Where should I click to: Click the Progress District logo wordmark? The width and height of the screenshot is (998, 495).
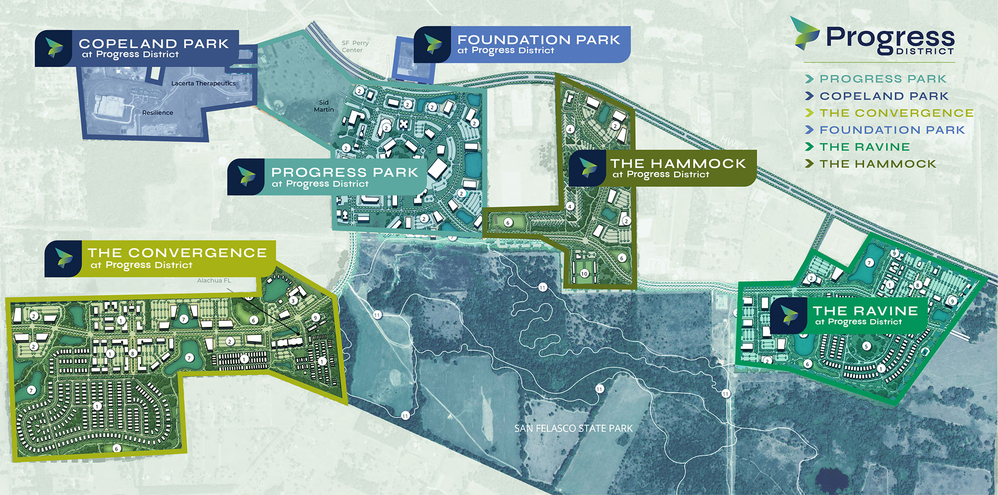(x=889, y=40)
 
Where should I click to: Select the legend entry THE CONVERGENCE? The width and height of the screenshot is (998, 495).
(x=896, y=113)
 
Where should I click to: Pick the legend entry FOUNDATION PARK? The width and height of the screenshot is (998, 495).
(x=891, y=130)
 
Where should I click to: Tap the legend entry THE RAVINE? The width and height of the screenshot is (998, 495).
(x=864, y=147)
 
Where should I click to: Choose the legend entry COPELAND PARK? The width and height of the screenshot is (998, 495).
(x=884, y=96)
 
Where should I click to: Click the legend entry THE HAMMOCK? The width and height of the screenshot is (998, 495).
(x=877, y=164)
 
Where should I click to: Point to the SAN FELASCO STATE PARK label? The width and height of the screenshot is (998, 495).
(x=573, y=428)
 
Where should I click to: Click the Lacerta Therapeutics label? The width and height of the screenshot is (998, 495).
(x=203, y=83)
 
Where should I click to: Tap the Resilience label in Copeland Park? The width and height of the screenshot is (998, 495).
(x=157, y=113)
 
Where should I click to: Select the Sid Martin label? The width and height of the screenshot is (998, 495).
(x=324, y=106)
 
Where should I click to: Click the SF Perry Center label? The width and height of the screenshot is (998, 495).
(x=355, y=47)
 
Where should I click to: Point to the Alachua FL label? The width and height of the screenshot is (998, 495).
(x=214, y=281)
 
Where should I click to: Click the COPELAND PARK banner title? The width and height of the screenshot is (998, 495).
(x=153, y=44)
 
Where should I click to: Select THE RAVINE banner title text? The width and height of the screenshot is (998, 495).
(x=865, y=311)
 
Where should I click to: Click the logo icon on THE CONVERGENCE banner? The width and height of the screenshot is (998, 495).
(x=63, y=258)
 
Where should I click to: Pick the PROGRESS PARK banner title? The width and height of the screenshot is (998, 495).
(x=344, y=172)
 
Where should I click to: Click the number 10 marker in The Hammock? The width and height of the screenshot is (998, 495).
(x=584, y=273)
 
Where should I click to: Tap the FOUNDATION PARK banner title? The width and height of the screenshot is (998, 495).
(x=539, y=40)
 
